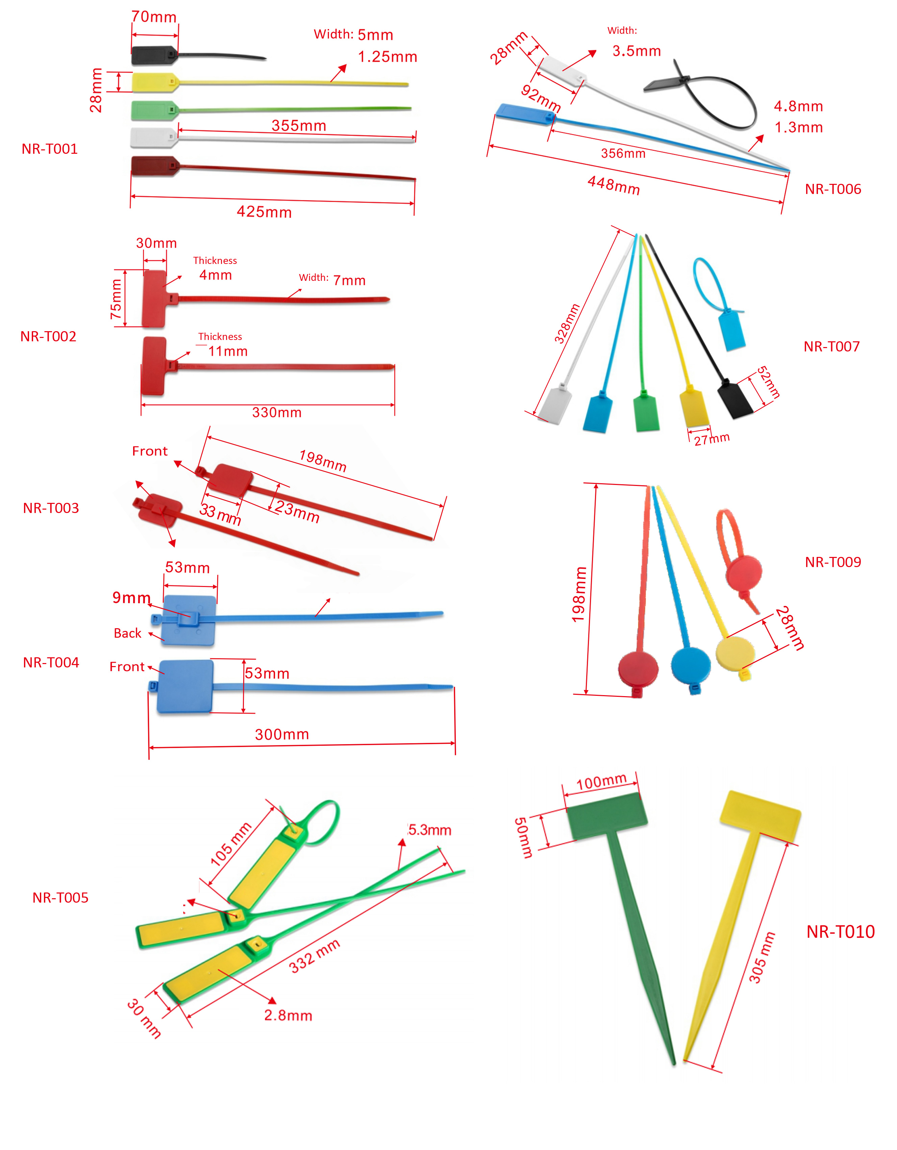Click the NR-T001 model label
click(x=49, y=149)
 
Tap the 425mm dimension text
click(x=264, y=212)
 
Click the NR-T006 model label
click(x=833, y=190)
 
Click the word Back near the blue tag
click(x=127, y=633)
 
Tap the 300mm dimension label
click(x=282, y=735)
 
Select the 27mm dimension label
click(x=712, y=439)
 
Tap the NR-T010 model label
click(x=841, y=932)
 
